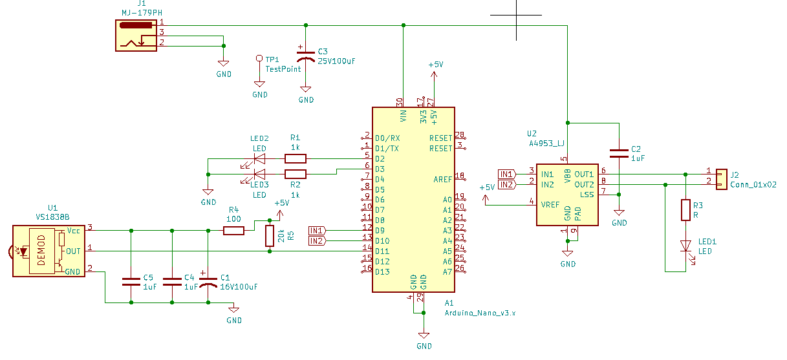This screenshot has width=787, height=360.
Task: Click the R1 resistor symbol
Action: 295,159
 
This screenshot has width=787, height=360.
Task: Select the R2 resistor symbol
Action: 295,175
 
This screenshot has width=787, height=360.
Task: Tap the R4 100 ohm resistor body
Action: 233,231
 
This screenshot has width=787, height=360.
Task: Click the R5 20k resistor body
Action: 270,236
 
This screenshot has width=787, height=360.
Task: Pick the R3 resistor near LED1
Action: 685,210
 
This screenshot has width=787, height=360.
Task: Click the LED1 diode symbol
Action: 686,246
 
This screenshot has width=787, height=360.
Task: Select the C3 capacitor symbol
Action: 305,56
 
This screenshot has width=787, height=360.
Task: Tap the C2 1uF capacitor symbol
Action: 619,153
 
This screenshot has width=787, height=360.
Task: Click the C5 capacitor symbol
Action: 131,282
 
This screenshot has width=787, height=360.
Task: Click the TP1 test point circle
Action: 259,58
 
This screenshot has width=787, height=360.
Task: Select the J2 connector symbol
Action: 722,180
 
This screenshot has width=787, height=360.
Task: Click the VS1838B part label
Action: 52,217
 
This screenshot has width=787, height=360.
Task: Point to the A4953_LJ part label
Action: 546,143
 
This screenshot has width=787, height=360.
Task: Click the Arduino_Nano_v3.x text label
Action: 480,313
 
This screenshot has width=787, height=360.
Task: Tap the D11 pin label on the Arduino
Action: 382,251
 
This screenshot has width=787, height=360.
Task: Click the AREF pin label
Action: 443,180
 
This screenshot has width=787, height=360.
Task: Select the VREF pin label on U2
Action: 550,205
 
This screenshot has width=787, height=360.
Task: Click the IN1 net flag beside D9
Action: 318,231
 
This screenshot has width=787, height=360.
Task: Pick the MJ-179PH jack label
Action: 142,13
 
